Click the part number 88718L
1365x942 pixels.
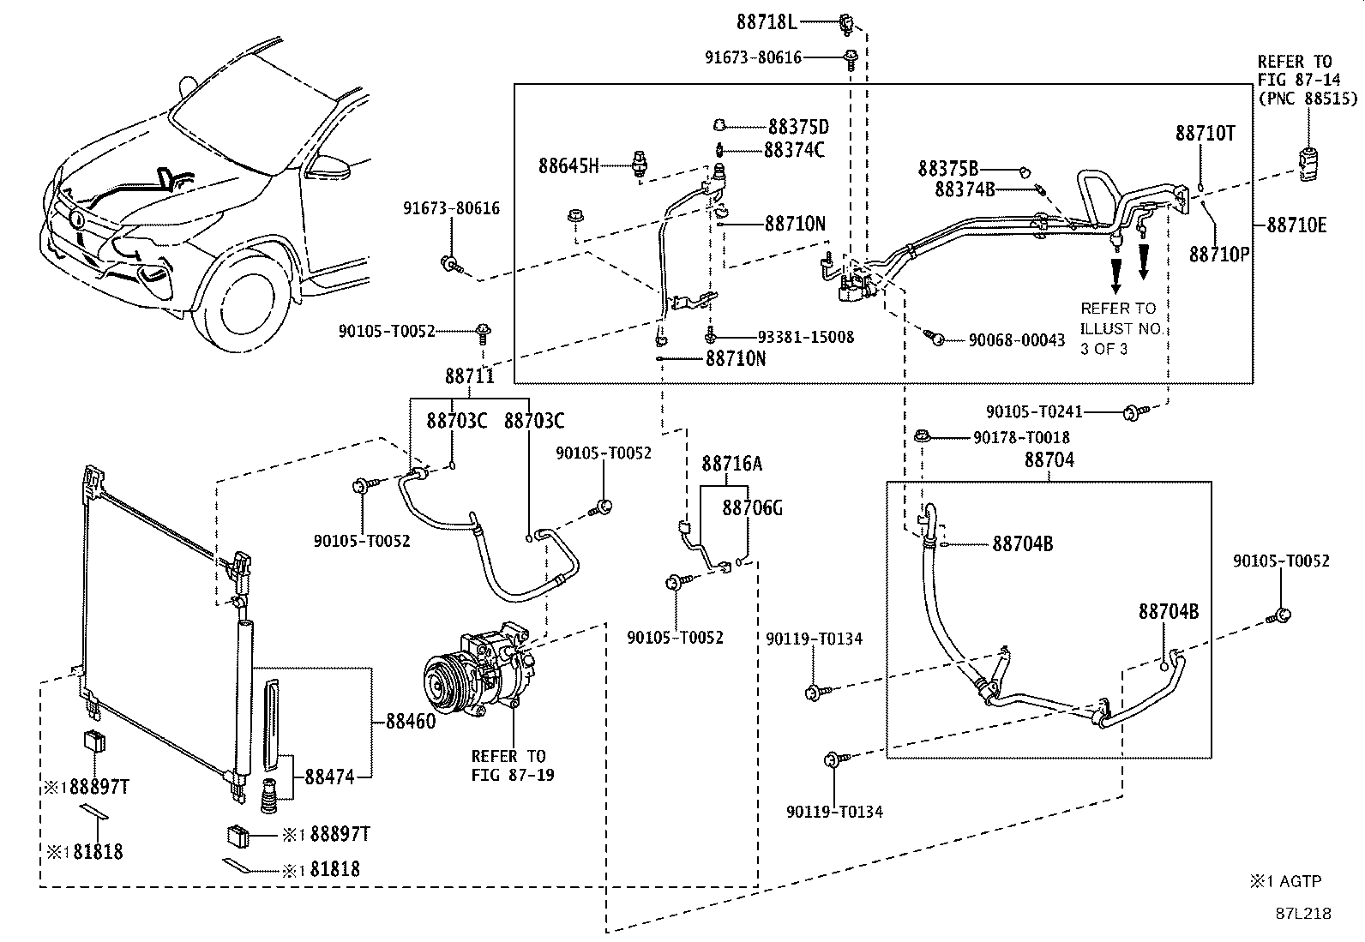[x=767, y=22]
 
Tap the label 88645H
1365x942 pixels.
[x=568, y=165]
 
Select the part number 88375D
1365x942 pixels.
[x=798, y=127]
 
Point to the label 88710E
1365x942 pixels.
[x=1296, y=225]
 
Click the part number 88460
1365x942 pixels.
[x=411, y=722]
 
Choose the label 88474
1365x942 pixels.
[x=329, y=777]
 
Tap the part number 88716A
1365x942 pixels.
[x=732, y=464]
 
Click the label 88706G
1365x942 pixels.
[x=752, y=507]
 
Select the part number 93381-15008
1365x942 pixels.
[x=806, y=337]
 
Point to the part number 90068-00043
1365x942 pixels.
[x=1016, y=340]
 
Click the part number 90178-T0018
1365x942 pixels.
[x=1021, y=437]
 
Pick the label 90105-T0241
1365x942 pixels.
[x=1034, y=412]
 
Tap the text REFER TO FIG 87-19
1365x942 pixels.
[x=513, y=765]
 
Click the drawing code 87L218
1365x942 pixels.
[x=1303, y=914]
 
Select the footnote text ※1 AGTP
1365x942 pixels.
[x=1286, y=881]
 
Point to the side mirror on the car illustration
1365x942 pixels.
[x=329, y=165]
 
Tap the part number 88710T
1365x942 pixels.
[x=1205, y=133]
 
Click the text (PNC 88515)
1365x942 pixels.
[x=1308, y=98]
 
